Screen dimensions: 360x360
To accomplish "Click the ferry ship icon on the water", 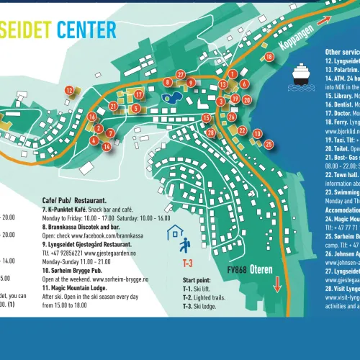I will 301,73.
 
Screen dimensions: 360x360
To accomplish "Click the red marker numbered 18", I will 269,57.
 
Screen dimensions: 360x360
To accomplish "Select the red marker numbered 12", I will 69,90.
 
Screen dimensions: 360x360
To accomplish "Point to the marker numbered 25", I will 269,144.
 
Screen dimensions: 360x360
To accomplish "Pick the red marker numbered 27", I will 181,74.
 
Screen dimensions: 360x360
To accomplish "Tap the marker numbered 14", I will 107,146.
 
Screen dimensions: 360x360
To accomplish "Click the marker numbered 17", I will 138,94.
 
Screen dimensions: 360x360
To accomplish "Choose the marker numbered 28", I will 210,132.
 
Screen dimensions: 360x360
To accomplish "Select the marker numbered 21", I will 114,106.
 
